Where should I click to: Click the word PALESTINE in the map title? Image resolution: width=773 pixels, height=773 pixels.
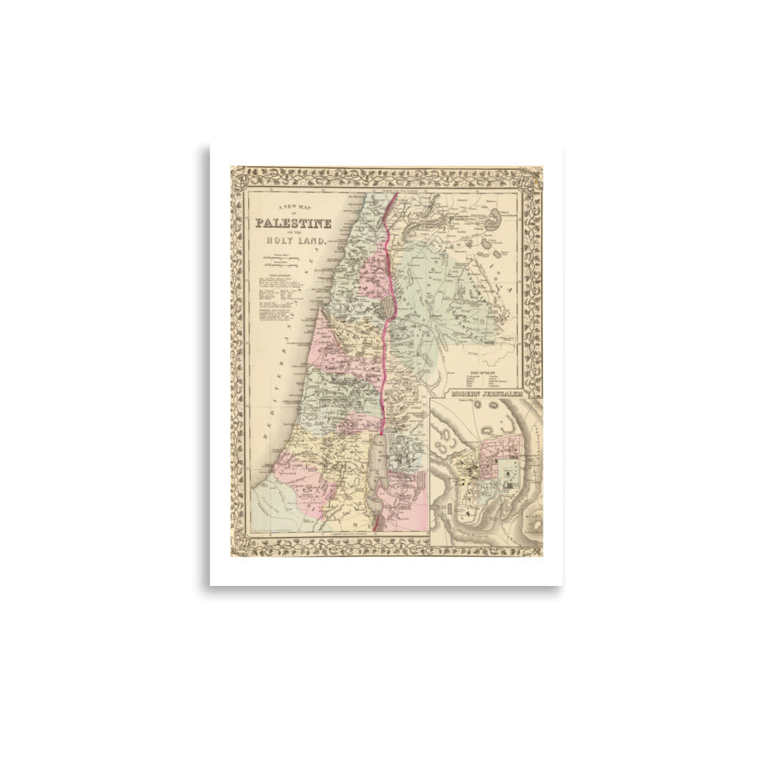pos(294,223)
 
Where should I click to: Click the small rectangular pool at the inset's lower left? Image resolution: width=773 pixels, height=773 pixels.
pos(446,508)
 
